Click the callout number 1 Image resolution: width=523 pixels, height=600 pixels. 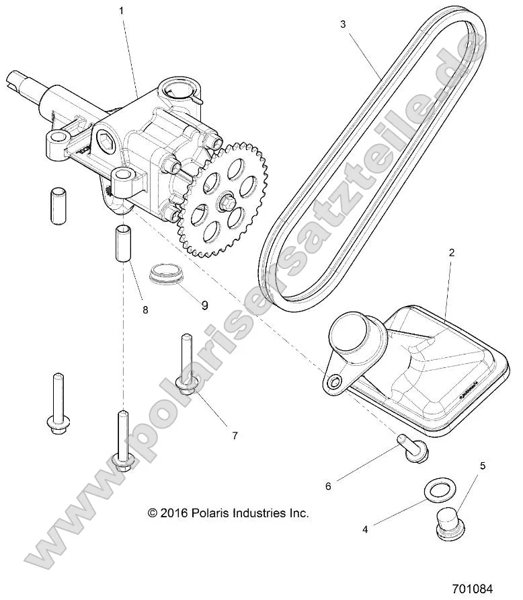click(121, 11)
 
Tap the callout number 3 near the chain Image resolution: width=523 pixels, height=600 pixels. click(343, 24)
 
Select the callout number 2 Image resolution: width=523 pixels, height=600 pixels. click(452, 253)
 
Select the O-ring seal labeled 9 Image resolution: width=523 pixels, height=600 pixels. click(165, 275)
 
